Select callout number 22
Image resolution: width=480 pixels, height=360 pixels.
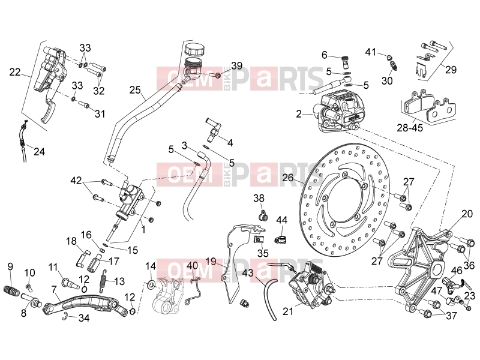tap(14, 72)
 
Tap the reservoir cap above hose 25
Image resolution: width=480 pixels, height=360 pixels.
tap(194, 49)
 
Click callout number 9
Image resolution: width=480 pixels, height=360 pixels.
tap(10, 266)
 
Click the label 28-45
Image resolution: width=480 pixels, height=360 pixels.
tap(410, 127)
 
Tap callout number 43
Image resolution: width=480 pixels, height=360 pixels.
tap(248, 272)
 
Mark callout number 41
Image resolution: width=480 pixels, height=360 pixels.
tap(371, 52)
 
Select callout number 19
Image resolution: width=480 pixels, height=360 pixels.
tap(211, 261)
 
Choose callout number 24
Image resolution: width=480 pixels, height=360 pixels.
tap(39, 151)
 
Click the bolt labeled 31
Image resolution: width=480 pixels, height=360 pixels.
tap(83, 105)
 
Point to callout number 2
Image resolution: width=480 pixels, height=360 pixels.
tap(299, 114)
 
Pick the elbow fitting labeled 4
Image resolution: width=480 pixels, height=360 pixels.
tap(214, 128)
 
